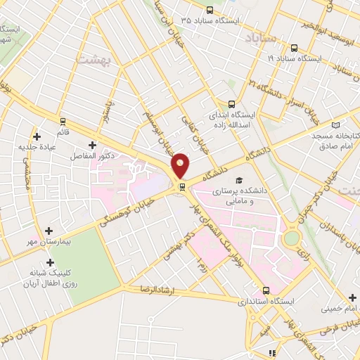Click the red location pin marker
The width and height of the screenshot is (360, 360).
click(x=181, y=165)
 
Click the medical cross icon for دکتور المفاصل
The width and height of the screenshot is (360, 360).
click(x=91, y=144)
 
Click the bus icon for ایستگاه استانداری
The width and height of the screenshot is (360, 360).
click(x=265, y=290)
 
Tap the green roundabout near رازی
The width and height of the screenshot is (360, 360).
click(x=290, y=238)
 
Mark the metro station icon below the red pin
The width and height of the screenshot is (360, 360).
click(x=182, y=187)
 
